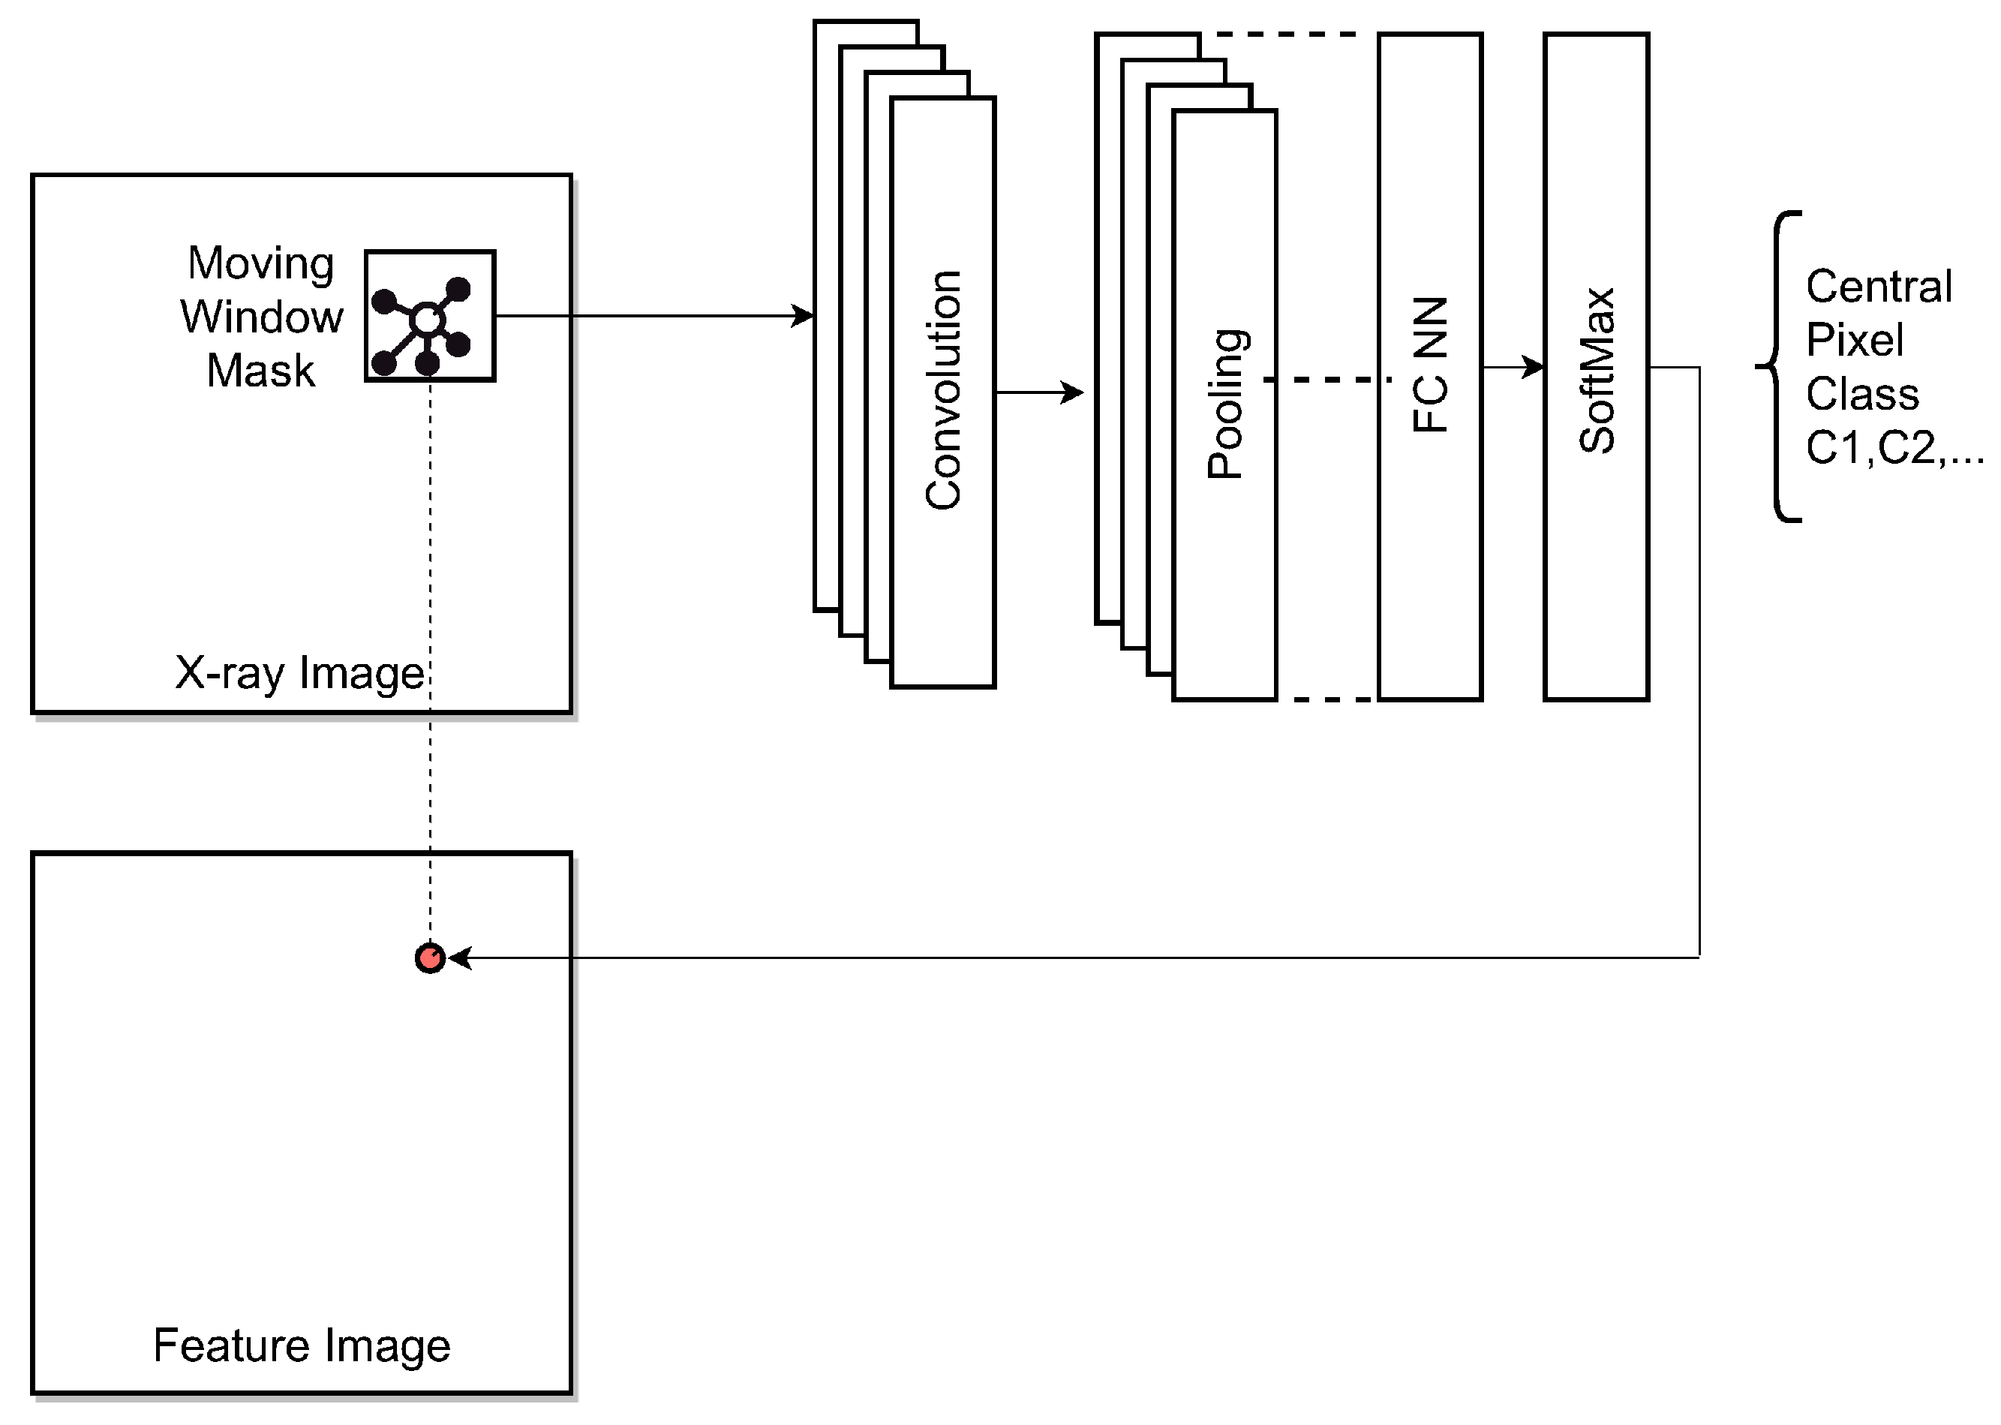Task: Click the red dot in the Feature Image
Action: [x=430, y=958]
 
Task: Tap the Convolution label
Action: [x=944, y=390]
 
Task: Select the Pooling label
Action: [x=1225, y=404]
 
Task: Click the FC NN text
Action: [x=1430, y=365]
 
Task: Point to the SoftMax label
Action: [x=1597, y=370]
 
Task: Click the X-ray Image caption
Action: [x=300, y=673]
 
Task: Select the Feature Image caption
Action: [x=302, y=1345]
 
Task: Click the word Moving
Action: [x=261, y=263]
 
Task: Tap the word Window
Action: [x=261, y=317]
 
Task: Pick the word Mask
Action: [x=260, y=370]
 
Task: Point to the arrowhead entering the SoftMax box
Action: [x=1534, y=367]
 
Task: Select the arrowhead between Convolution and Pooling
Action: [x=1073, y=392]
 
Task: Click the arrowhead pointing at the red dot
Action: [x=460, y=958]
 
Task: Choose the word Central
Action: [x=1879, y=287]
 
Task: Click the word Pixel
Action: [x=1855, y=341]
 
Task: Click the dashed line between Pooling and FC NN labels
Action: [x=1326, y=379]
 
